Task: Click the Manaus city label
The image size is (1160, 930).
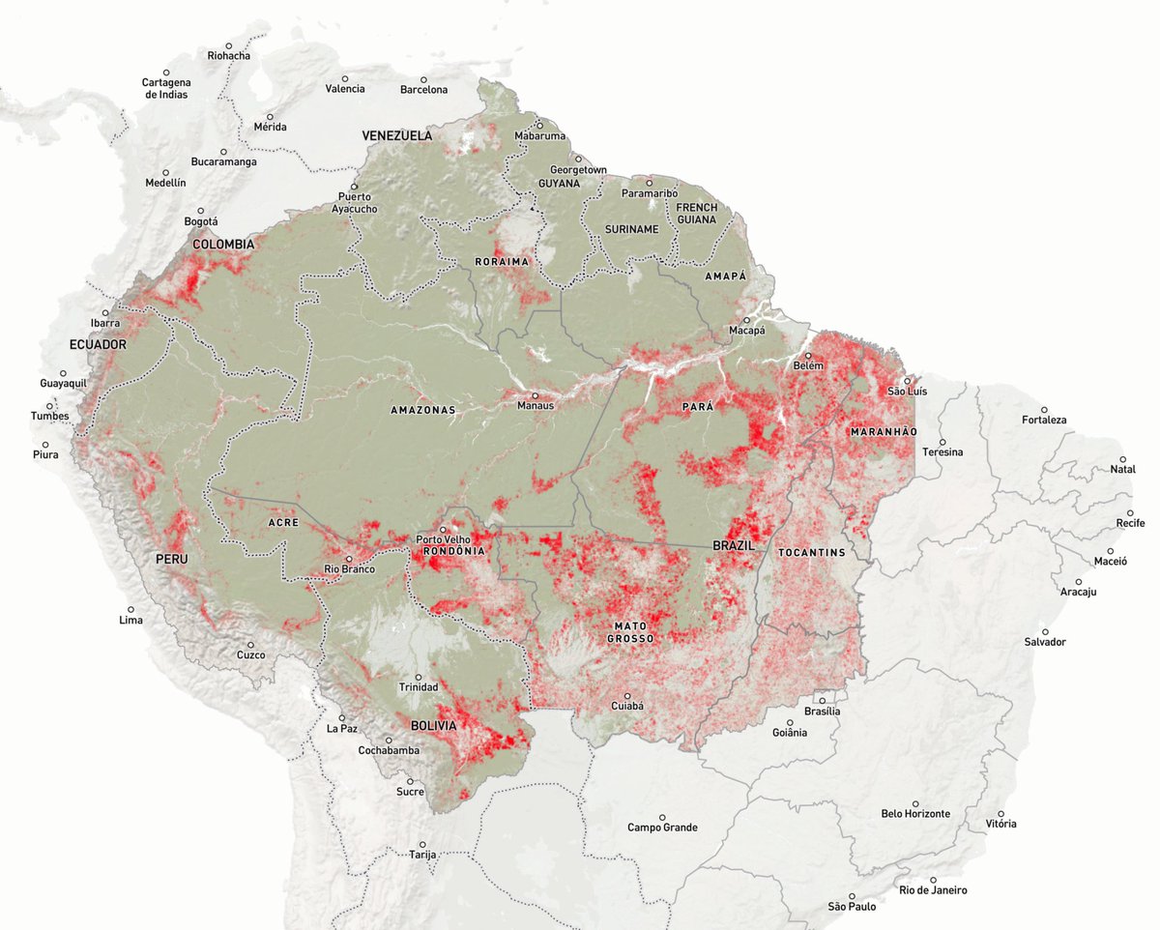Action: click(x=536, y=406)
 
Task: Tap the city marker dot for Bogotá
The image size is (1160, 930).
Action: click(x=201, y=211)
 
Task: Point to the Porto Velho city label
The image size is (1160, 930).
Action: click(x=442, y=538)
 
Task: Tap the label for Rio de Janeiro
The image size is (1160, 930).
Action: click(x=932, y=890)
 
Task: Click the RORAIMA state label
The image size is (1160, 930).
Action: click(x=502, y=262)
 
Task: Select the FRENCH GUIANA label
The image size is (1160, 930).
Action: click(x=696, y=214)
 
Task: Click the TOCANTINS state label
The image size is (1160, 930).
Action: click(x=810, y=553)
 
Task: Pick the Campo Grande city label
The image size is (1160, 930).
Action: click(x=662, y=828)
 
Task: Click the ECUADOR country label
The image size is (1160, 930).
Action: click(x=98, y=344)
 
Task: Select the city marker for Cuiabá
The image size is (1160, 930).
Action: click(x=626, y=695)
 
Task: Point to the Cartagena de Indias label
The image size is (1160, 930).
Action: click(x=165, y=88)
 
